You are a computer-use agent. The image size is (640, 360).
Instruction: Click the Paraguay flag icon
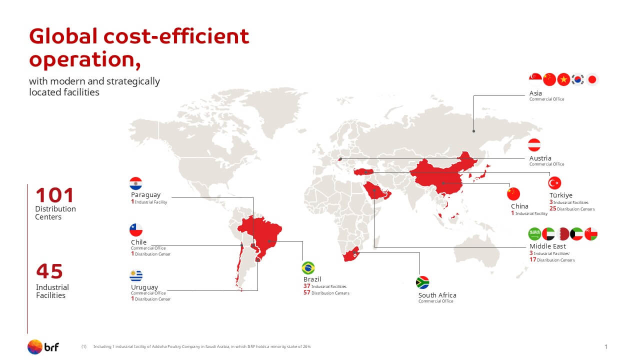click(x=135, y=183)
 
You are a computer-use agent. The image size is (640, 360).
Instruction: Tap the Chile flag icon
click(x=135, y=229)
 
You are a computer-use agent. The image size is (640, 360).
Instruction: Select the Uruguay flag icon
click(x=135, y=275)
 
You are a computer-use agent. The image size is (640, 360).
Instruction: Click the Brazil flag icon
click(x=308, y=268)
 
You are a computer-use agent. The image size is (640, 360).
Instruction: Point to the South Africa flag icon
click(x=422, y=282)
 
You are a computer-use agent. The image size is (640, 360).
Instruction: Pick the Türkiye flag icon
click(x=554, y=183)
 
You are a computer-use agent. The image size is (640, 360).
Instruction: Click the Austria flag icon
click(x=534, y=145)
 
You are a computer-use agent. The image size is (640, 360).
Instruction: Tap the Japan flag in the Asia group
click(x=592, y=79)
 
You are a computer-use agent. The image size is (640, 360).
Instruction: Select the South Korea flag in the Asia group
click(x=577, y=79)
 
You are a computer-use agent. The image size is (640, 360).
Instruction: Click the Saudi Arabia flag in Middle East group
click(x=534, y=234)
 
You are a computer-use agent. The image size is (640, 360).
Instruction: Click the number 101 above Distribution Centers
click(x=55, y=195)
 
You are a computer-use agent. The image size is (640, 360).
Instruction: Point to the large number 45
click(x=49, y=271)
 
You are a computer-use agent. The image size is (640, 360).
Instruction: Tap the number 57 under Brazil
click(x=307, y=292)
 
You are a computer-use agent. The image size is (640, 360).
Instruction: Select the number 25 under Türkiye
click(x=553, y=208)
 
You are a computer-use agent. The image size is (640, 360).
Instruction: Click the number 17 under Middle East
click(x=532, y=259)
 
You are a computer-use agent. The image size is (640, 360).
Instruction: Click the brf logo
click(x=43, y=347)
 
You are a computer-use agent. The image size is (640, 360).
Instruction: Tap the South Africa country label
click(x=437, y=295)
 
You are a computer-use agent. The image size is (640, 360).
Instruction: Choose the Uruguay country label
click(x=144, y=287)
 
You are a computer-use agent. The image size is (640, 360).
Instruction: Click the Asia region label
click(x=535, y=93)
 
